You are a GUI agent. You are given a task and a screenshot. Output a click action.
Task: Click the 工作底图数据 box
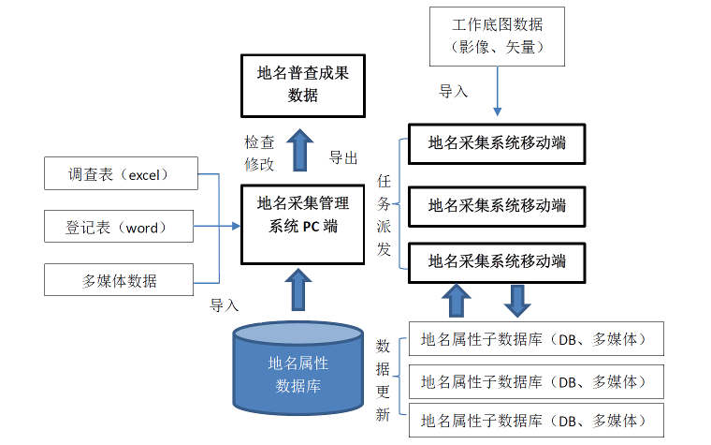point(497,37)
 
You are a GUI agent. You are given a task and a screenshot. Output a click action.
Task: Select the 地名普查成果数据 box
point(303,86)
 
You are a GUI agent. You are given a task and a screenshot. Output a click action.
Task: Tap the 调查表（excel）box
point(121,173)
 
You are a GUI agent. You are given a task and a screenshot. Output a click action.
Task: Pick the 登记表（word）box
point(119,226)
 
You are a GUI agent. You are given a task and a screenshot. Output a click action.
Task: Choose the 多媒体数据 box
point(119,280)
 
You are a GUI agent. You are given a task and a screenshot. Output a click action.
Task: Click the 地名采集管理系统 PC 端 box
point(303,224)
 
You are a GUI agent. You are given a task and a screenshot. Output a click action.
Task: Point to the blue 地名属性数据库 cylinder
point(297,368)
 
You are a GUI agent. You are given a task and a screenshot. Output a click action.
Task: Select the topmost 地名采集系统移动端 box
point(497,143)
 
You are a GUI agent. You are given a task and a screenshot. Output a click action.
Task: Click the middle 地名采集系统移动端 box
point(497,206)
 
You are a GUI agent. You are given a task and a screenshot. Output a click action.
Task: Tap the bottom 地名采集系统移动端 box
point(497,263)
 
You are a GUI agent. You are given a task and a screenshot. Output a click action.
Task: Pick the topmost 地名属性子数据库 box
point(536,339)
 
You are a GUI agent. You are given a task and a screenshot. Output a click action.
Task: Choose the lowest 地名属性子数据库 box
point(536,420)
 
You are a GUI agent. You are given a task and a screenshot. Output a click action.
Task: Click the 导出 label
point(343,158)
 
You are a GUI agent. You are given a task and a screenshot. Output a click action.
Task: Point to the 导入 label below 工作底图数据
point(453,91)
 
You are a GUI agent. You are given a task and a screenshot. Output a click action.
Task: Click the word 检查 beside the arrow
point(259,142)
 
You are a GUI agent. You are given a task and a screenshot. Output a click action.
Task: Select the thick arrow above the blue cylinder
point(297,289)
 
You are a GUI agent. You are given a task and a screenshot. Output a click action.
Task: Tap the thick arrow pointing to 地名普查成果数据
point(299,150)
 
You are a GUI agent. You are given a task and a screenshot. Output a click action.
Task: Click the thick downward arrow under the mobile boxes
point(517,301)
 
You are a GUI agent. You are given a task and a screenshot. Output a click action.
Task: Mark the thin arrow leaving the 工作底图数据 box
point(497,91)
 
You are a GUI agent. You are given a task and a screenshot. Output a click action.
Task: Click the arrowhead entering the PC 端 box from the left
point(236,226)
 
